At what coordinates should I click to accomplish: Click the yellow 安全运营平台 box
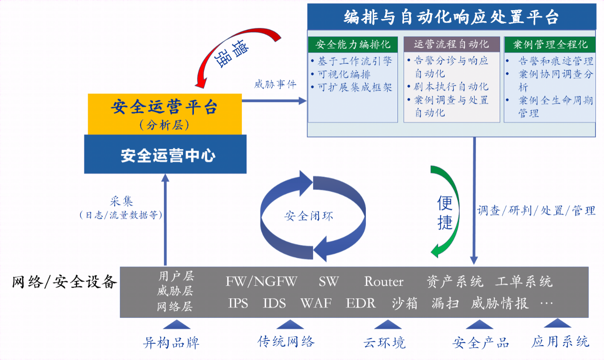coord(165,114)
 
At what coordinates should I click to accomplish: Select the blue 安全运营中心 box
coord(165,154)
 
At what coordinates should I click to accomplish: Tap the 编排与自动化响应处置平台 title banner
coord(451,17)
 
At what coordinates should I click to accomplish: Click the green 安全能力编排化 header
coord(353,45)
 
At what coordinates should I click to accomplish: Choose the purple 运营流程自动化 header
coord(451,44)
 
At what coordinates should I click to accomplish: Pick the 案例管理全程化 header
coord(550,45)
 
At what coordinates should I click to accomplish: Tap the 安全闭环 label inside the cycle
coord(309,216)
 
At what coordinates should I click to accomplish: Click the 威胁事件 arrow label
coord(275,84)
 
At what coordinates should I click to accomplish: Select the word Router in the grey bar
coord(384,282)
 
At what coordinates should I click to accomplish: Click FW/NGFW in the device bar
coord(261,282)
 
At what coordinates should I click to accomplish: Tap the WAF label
coord(316,303)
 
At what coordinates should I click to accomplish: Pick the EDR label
coord(361,303)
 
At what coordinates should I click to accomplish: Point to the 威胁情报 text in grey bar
coord(500,303)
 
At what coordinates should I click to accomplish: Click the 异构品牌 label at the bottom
coord(171,343)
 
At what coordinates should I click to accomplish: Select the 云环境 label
coord(384,343)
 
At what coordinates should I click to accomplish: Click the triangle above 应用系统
coord(557,323)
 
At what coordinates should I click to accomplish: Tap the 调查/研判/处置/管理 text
coord(536,211)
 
